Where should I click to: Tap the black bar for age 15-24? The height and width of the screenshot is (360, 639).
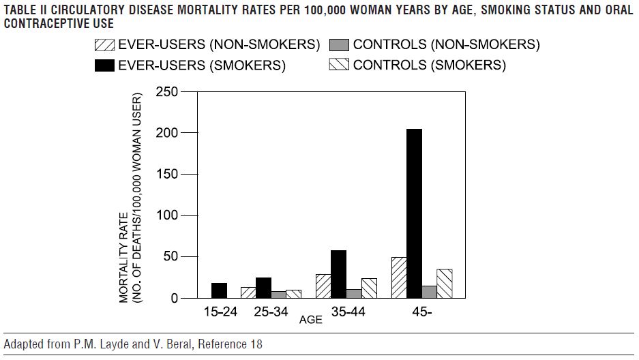point(219,290)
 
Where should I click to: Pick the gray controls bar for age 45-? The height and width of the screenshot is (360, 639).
point(429,292)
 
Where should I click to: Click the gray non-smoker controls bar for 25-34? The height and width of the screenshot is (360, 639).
point(278,295)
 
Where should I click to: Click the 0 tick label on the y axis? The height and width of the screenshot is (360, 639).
point(175,299)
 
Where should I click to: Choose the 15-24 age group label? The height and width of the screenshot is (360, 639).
point(220,313)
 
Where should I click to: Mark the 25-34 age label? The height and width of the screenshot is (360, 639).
point(271,313)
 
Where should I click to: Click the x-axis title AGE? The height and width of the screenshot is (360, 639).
point(310,319)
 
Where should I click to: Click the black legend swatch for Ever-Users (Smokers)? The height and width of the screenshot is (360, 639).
point(104,66)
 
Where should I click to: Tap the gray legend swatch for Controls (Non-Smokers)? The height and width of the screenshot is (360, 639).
point(339,46)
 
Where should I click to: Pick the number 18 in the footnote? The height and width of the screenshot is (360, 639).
point(255,345)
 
